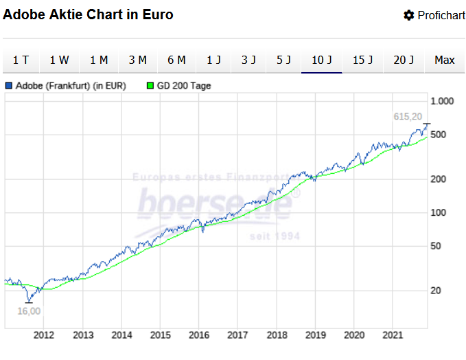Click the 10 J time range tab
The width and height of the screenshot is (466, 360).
(x=322, y=60)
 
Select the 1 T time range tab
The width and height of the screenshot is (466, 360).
(x=21, y=60)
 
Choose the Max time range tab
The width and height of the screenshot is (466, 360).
(x=445, y=60)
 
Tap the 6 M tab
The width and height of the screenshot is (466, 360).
(x=176, y=60)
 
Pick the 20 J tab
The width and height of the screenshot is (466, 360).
(x=404, y=60)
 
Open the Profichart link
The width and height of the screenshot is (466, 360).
(x=441, y=15)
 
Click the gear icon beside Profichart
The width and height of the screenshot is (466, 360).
(x=409, y=15)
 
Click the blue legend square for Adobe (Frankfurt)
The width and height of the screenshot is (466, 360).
(x=9, y=86)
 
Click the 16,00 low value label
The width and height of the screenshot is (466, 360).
(x=29, y=311)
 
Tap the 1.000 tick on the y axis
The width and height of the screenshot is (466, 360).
(x=442, y=101)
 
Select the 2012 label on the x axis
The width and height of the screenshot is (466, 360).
(x=44, y=335)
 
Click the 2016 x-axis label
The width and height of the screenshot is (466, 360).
(x=199, y=335)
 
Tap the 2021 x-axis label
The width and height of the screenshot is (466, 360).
(x=393, y=335)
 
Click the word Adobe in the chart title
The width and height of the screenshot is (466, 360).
(x=23, y=14)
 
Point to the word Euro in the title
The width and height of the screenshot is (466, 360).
(x=158, y=14)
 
